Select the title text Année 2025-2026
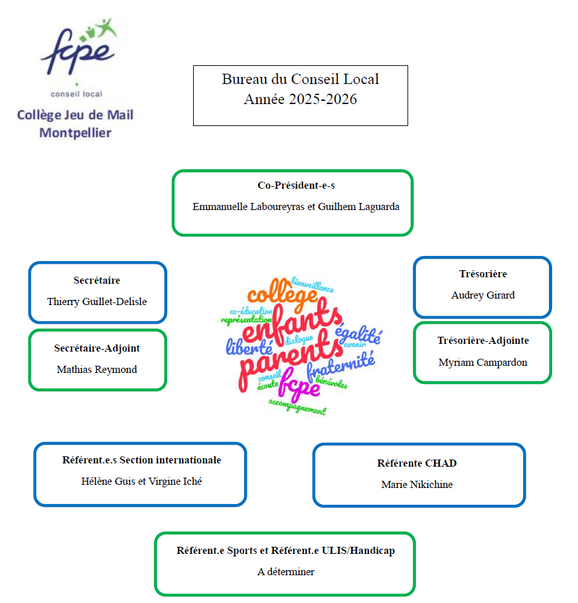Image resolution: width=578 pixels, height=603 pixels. tap(300, 100)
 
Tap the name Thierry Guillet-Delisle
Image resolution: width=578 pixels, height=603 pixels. tap(97, 301)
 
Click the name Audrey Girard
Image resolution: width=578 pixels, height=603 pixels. tap(483, 295)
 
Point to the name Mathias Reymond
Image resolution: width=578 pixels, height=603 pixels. tap(97, 370)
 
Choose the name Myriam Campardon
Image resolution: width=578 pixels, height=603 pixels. tap(483, 363)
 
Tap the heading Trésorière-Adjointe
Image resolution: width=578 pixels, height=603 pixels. tap(483, 341)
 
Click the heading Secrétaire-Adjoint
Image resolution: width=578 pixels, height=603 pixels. tap(97, 348)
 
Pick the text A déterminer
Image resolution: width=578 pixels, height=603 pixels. tap(285, 572)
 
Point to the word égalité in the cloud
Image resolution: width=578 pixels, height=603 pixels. tap(358, 335)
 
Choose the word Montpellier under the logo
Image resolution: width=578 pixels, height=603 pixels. tap(76, 133)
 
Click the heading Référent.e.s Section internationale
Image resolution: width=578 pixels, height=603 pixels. tap(141, 460)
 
